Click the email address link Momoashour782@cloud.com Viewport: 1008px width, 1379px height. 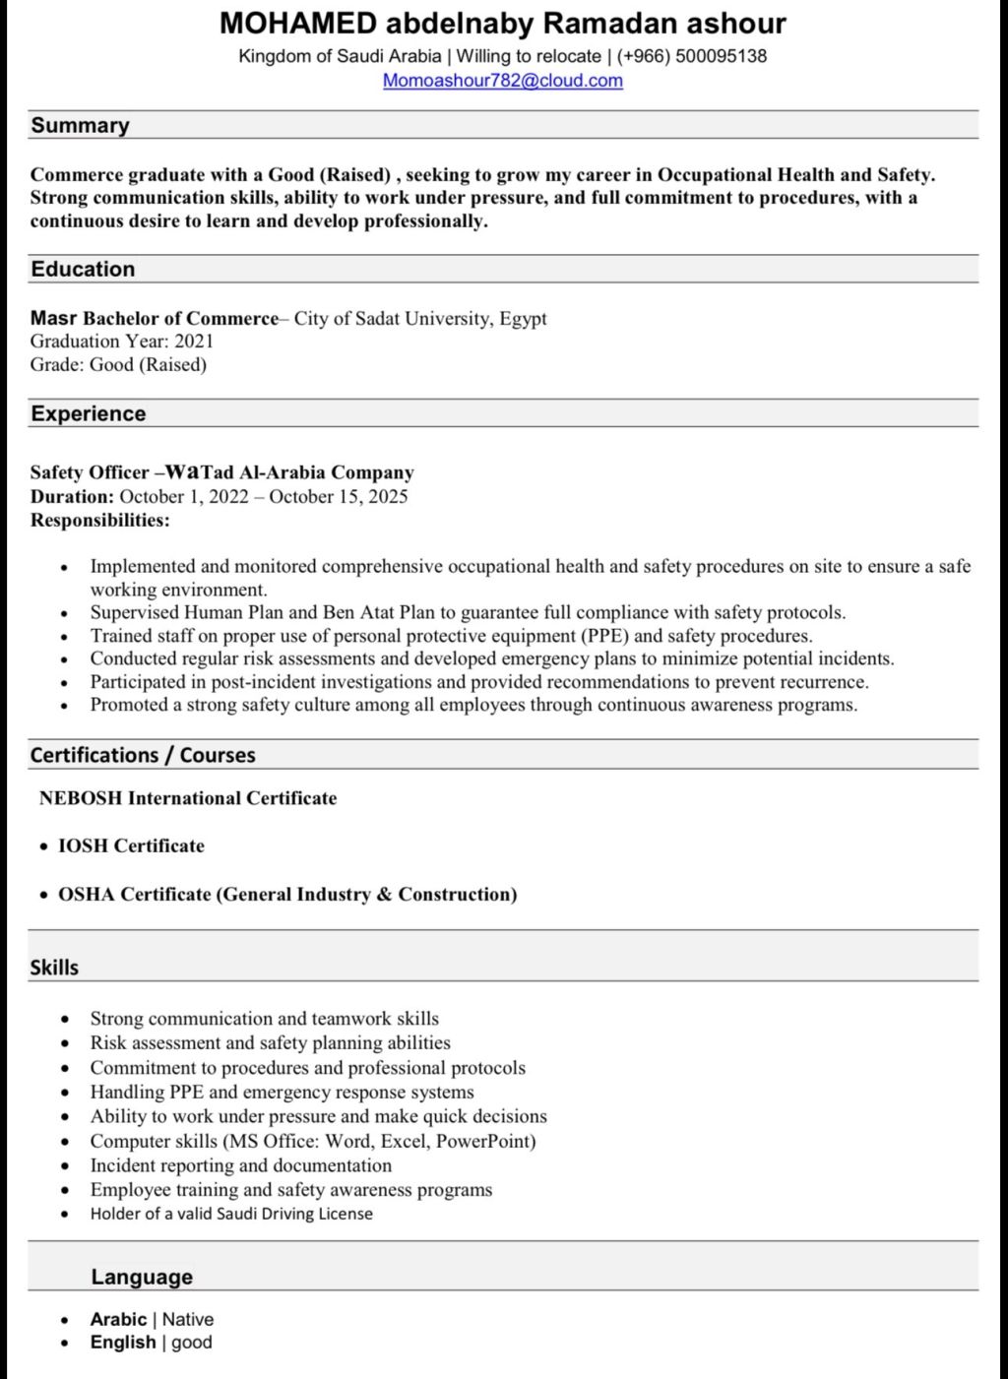tap(502, 81)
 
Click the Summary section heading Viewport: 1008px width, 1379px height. tap(80, 125)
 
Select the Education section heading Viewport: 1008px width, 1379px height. tap(83, 269)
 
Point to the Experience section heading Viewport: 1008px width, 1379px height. tap(88, 413)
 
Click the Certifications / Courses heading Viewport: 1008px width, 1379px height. tap(143, 755)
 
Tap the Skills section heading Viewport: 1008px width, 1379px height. tap(54, 968)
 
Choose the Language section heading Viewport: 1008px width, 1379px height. tap(142, 1277)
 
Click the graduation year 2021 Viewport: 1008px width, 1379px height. tap(194, 342)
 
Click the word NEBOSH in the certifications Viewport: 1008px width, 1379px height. tap(81, 798)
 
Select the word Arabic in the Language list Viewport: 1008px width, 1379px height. tap(118, 1319)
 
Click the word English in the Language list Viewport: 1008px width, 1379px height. tap(123, 1343)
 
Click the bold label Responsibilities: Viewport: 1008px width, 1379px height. tap(99, 520)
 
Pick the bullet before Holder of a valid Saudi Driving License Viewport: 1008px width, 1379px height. tap(65, 1215)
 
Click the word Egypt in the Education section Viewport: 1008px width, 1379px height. tap(523, 318)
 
